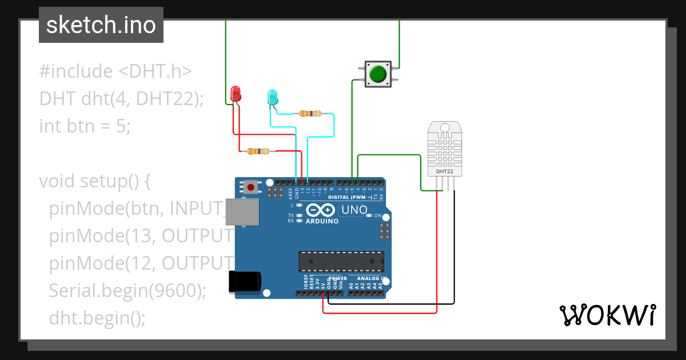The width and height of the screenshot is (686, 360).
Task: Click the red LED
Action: pyautogui.click(x=235, y=94)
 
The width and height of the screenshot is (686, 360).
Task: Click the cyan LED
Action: pyautogui.click(x=273, y=97)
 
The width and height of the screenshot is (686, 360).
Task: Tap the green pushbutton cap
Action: pyautogui.click(x=378, y=74)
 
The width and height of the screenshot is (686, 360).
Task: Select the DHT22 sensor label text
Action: pyautogui.click(x=445, y=171)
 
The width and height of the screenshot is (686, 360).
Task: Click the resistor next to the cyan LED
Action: pyautogui.click(x=309, y=114)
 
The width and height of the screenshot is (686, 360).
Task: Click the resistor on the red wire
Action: pyautogui.click(x=258, y=151)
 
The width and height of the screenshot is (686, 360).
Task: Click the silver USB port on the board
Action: pyautogui.click(x=241, y=212)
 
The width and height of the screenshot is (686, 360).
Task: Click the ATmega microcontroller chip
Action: pyautogui.click(x=341, y=261)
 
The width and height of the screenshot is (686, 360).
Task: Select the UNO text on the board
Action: pyautogui.click(x=354, y=210)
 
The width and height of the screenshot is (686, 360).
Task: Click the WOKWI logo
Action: pyautogui.click(x=607, y=315)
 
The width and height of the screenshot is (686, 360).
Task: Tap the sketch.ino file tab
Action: pyautogui.click(x=101, y=25)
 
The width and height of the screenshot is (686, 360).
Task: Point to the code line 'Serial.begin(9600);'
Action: pyautogui.click(x=127, y=290)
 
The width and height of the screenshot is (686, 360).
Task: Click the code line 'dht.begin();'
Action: pyautogui.click(x=97, y=317)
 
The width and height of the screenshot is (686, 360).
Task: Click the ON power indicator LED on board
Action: pyautogui.click(x=369, y=215)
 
